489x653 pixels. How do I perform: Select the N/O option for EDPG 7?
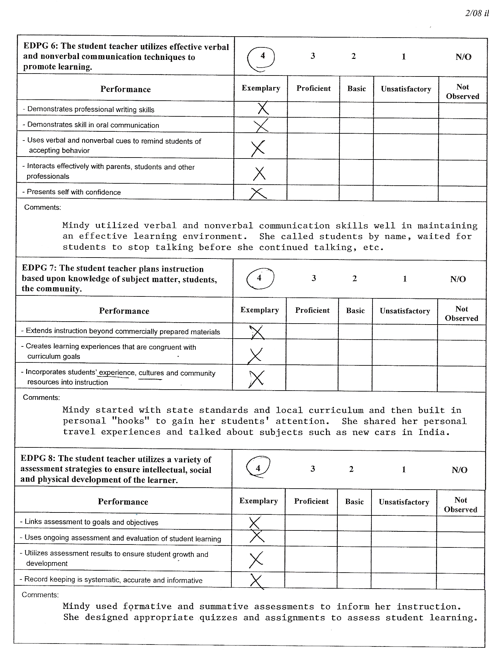tap(458, 279)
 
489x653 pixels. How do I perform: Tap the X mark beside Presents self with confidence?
tap(258, 193)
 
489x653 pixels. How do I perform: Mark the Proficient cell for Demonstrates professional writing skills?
tap(313, 109)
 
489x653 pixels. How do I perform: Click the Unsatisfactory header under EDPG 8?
tap(404, 502)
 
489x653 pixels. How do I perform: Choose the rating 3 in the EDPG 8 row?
tap(313, 469)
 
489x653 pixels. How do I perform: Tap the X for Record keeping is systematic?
tap(257, 581)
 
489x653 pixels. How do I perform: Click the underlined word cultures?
tap(151, 373)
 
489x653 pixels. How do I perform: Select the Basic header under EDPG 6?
tap(356, 89)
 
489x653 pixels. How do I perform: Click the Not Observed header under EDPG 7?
tap(462, 314)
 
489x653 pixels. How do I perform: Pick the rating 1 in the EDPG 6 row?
tap(404, 57)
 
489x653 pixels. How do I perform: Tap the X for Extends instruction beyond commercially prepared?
tap(257, 332)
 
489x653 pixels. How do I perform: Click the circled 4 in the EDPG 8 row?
tap(258, 468)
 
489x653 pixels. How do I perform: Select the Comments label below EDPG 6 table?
tap(43, 208)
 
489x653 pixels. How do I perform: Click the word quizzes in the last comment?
tap(218, 618)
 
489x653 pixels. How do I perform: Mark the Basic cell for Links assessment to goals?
tap(354, 522)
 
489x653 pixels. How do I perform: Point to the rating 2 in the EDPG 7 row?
tap(354, 278)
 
